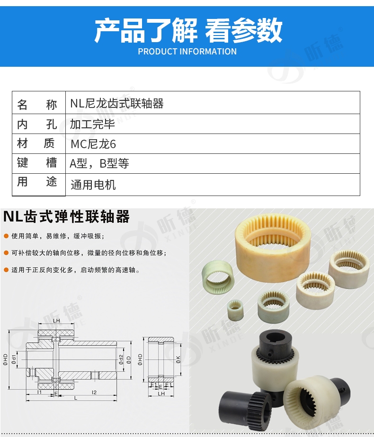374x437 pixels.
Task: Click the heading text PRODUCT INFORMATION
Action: coord(187,52)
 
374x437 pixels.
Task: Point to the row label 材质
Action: coord(36,143)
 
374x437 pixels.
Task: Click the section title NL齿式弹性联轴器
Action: coord(66,216)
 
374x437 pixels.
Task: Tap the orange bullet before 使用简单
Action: coord(6,236)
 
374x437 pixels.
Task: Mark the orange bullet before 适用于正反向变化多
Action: coord(6,270)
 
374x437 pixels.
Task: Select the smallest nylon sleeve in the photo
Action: coord(235,310)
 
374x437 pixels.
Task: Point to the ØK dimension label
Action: coord(178,360)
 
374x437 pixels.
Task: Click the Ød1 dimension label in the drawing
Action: coord(14,359)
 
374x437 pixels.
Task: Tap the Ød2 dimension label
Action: coord(121,359)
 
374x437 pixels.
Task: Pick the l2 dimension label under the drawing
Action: coord(94,392)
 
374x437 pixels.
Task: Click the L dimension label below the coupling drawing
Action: coord(75,398)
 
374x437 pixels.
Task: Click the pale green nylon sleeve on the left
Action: coord(217,277)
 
